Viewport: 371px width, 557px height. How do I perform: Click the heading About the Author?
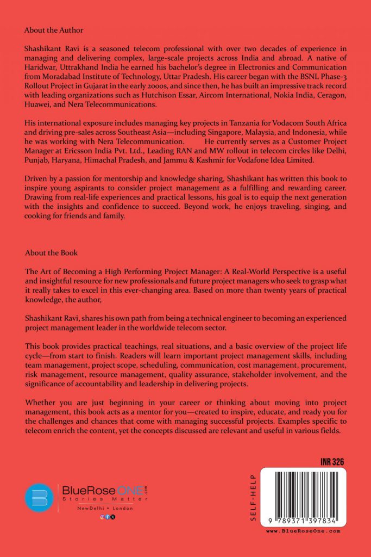coord(54,30)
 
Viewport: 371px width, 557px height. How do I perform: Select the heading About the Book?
coord(51,253)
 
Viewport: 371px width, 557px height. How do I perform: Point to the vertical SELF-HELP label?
coord(253,500)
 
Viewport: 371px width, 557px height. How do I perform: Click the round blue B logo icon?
coord(39,498)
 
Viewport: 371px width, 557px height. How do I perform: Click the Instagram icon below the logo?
coord(102,517)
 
